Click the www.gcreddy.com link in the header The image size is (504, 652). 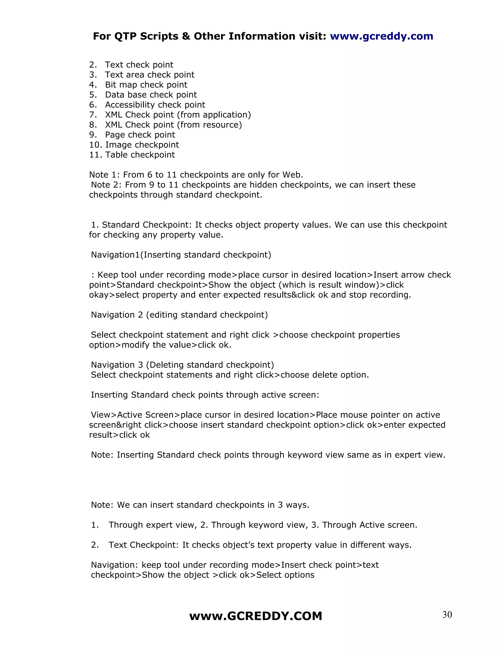381,36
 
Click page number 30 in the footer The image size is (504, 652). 447,615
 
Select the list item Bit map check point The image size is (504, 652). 146,85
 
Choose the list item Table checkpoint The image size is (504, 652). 140,155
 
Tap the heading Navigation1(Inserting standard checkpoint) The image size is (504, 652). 181,255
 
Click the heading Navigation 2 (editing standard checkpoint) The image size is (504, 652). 179,315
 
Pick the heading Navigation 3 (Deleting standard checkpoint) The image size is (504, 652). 182,365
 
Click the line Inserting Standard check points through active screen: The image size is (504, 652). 205,395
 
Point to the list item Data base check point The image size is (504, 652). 151,95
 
